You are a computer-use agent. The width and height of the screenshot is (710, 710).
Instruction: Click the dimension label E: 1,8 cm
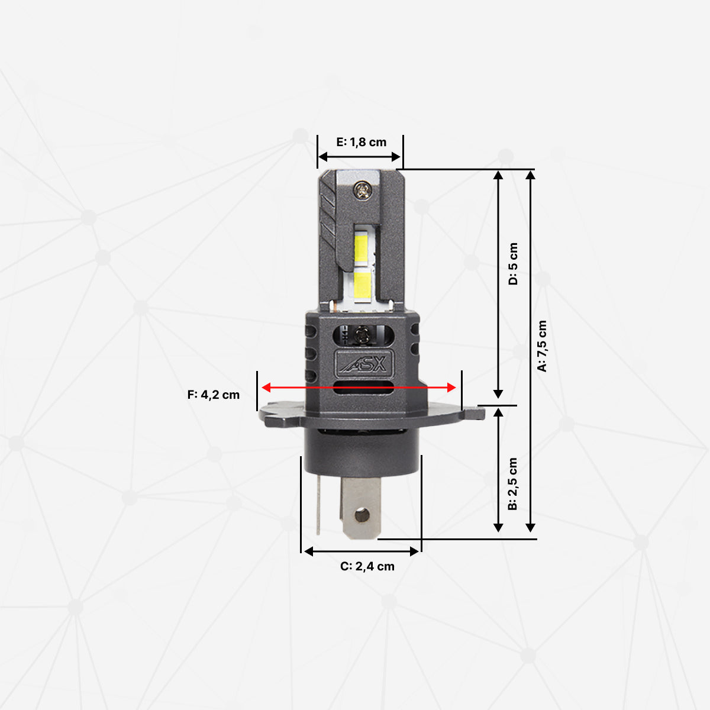(361, 142)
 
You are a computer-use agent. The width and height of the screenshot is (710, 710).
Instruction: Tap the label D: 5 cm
(513, 264)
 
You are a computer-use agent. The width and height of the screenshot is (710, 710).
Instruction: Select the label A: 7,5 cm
(543, 346)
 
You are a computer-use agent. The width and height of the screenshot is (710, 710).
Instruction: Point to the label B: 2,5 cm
(513, 484)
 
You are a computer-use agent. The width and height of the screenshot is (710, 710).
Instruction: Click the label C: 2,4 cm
(367, 566)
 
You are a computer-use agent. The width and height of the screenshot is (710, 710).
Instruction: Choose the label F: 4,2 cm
(214, 395)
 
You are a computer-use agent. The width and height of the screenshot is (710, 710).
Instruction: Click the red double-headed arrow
(359, 387)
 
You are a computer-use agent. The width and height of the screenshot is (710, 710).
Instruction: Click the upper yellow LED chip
(363, 247)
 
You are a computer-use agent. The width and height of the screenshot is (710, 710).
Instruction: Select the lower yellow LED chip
(363, 284)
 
